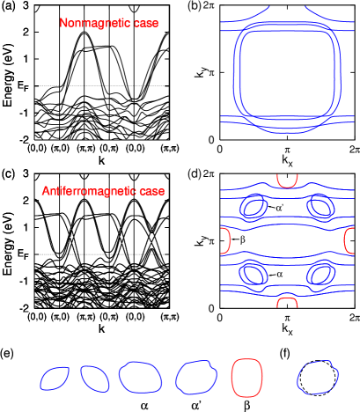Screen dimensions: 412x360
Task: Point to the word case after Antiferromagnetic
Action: click(151, 191)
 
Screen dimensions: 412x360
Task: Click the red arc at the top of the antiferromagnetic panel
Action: click(287, 181)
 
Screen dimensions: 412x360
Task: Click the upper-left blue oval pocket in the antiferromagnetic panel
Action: click(253, 208)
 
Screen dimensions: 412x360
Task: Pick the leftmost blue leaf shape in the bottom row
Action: click(55, 378)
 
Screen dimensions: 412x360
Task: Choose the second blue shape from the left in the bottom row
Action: click(94, 378)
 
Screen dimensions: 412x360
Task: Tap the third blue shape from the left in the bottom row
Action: click(141, 377)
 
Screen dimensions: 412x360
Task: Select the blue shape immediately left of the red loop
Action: click(196, 378)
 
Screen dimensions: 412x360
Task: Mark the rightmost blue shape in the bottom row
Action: click(318, 378)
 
